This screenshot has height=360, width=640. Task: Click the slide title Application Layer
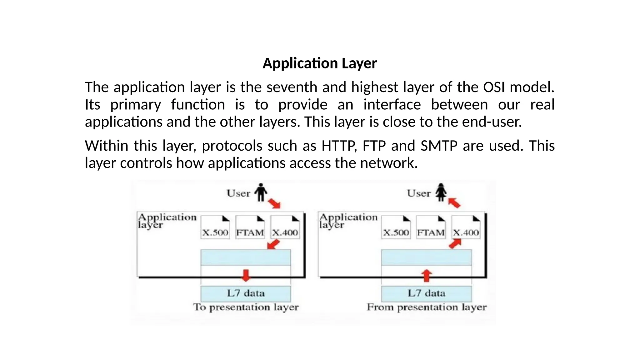point(320,63)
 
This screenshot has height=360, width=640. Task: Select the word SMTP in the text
point(439,146)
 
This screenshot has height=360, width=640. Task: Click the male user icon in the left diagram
point(261,192)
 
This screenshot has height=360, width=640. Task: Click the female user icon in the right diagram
point(441,192)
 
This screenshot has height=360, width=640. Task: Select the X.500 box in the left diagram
point(215,227)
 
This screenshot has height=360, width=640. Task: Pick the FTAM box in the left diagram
point(250,227)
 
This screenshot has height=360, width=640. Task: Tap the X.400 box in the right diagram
point(466,227)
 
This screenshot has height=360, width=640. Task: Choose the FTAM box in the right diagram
point(431,227)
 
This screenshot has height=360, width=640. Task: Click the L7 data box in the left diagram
point(246,293)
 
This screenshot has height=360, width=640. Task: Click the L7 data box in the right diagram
point(427,293)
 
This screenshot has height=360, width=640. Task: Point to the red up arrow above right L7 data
point(427,275)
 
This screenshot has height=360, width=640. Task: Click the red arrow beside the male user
point(274,203)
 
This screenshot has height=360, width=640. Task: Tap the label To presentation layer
point(246,307)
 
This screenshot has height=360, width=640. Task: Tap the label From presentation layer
point(427,307)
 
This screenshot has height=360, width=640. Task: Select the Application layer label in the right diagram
point(348,220)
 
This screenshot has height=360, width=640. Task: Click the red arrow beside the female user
point(454,203)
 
